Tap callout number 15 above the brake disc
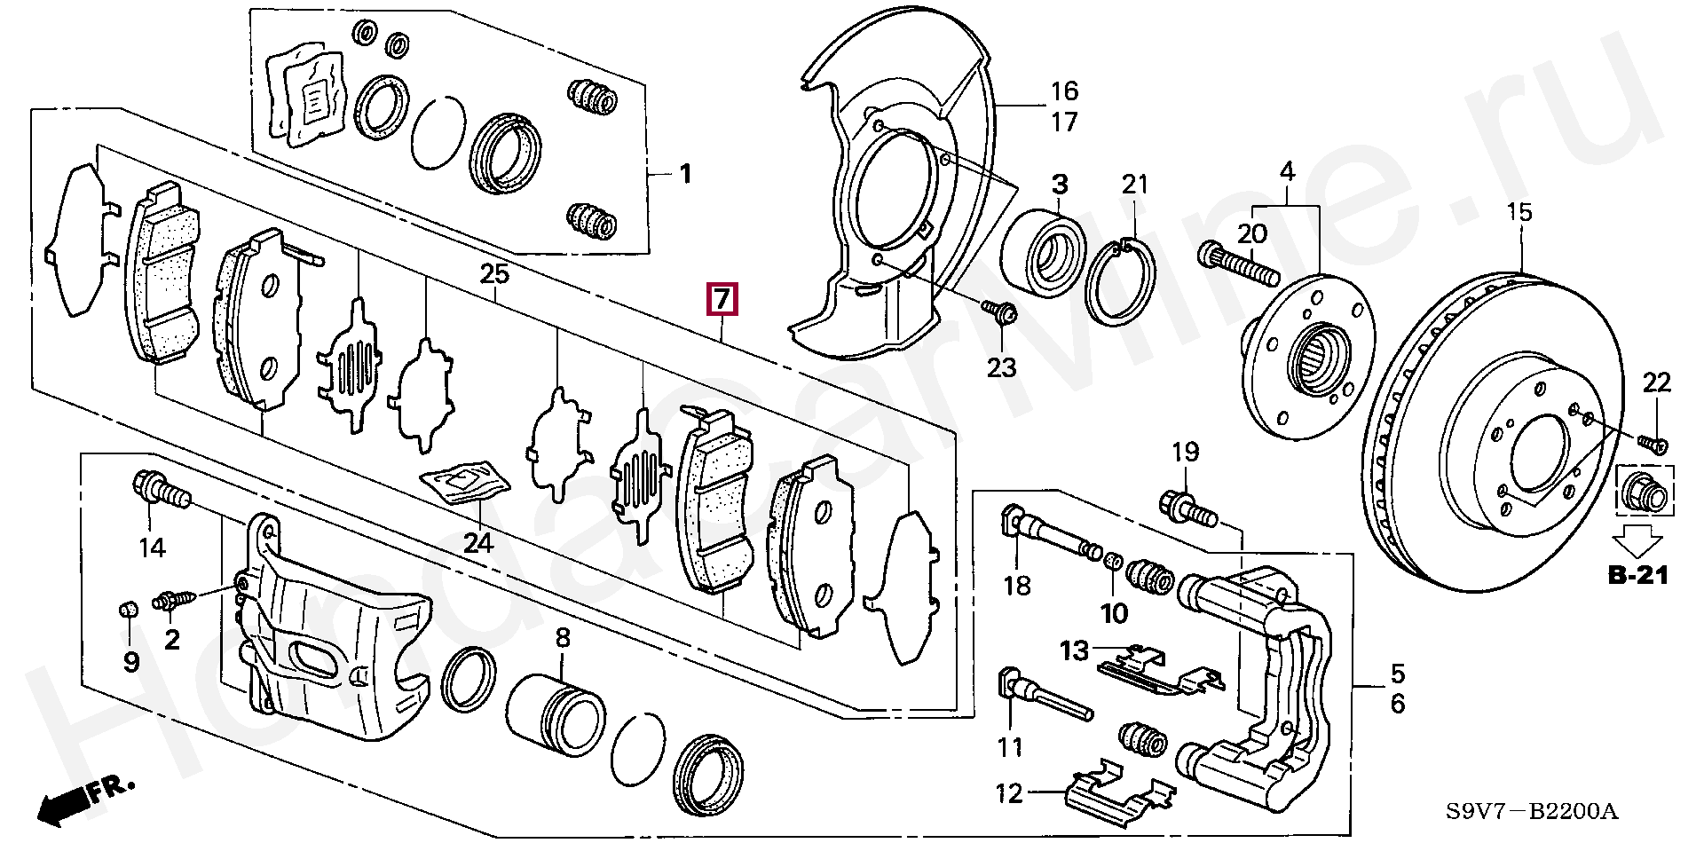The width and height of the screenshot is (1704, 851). [x=1520, y=213]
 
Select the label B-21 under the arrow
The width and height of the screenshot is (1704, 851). [x=1637, y=577]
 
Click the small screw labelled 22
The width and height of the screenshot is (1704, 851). [x=1651, y=444]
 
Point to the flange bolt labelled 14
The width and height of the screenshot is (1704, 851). [x=162, y=491]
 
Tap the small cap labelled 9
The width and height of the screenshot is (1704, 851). [x=128, y=610]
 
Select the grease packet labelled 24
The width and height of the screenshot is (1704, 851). [x=465, y=483]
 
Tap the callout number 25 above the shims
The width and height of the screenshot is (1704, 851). [x=494, y=274]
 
